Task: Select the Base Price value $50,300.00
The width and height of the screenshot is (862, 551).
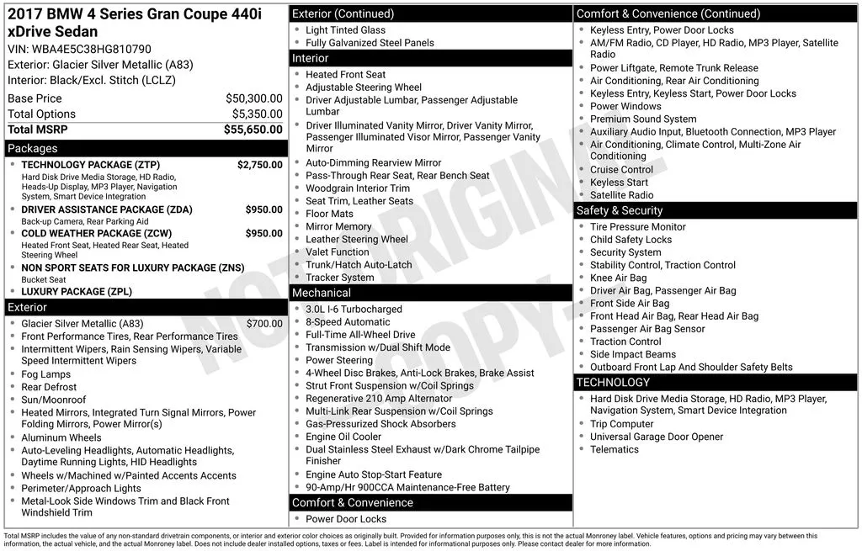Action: coord(253,98)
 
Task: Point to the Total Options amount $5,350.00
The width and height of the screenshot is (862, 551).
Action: coord(257,114)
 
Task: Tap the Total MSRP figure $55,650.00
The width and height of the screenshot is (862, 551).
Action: coord(253,130)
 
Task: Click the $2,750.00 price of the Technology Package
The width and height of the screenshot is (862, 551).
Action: coord(259,165)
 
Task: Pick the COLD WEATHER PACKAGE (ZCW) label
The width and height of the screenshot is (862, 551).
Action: coord(96,233)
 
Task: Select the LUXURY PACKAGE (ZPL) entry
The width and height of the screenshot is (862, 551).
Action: coord(77,292)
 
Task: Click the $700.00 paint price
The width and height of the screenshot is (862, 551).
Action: coord(264,323)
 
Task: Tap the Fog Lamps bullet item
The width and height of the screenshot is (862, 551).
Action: coord(45,374)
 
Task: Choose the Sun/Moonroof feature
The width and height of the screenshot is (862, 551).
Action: coord(53,400)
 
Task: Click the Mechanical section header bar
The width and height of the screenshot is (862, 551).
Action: coord(430,293)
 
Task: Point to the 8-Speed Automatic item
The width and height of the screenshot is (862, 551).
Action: coord(348,322)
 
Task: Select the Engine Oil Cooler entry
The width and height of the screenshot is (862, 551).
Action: coord(343,437)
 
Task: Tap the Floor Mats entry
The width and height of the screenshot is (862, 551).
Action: coord(329,214)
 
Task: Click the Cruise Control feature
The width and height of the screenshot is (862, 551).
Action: coord(621,169)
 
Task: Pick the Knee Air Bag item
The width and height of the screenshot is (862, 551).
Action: coord(618,278)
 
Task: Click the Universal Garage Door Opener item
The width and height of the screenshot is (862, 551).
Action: coord(657,437)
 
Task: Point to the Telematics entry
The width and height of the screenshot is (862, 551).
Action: coord(615,449)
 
